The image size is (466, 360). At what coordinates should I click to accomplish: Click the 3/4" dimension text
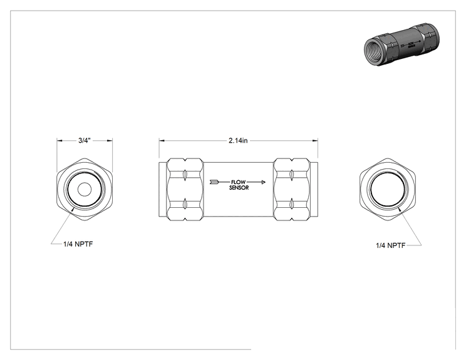click(84, 140)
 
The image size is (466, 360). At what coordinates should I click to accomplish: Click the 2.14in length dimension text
click(238, 140)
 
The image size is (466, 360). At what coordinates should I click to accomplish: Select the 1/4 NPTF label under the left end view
click(78, 244)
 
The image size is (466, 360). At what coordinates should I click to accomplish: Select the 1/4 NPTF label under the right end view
click(390, 245)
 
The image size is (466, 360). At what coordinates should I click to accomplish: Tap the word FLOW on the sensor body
click(239, 182)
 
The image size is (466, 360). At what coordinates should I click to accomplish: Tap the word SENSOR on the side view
click(239, 188)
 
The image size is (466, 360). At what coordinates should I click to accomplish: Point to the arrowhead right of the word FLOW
click(263, 182)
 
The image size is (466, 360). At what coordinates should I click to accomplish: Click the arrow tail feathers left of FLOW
click(214, 182)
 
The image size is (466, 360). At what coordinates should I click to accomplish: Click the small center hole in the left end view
click(85, 190)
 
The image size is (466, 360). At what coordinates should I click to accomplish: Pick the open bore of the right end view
click(388, 190)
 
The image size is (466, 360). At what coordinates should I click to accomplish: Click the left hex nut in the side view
click(185, 190)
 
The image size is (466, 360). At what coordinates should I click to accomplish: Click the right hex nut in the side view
click(292, 190)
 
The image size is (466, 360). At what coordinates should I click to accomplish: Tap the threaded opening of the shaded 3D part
click(373, 51)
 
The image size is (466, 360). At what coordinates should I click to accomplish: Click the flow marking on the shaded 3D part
click(411, 46)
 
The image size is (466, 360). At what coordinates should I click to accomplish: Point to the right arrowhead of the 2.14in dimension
click(315, 140)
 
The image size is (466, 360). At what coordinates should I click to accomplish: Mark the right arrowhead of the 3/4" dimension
click(110, 140)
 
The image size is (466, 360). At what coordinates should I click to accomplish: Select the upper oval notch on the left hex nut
click(185, 175)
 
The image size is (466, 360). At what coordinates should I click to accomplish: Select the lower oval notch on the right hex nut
click(292, 204)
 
